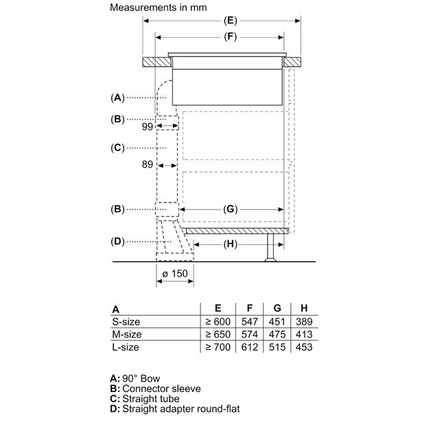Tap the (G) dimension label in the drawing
click(x=230, y=208)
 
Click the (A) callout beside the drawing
click(x=117, y=97)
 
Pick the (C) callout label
click(x=117, y=147)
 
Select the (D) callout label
click(x=117, y=241)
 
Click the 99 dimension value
click(x=147, y=127)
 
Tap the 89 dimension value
click(x=147, y=165)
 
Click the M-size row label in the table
click(x=127, y=334)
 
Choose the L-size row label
click(x=126, y=347)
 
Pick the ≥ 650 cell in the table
click(x=217, y=334)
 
